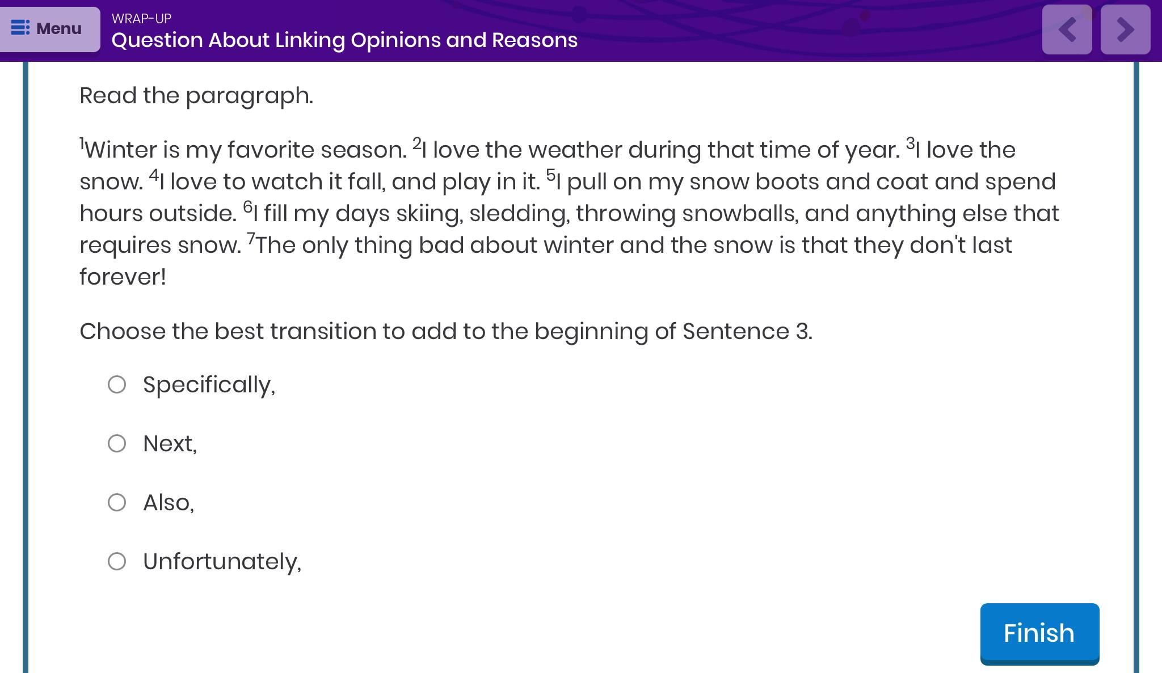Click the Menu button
click(49, 29)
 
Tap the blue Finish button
click(1039, 633)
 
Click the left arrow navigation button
click(1067, 29)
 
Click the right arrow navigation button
click(1125, 29)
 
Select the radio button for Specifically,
click(117, 384)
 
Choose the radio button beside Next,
click(117, 443)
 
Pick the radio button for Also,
click(117, 502)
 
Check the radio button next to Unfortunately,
click(117, 561)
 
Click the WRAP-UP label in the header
click(141, 19)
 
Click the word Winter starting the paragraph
click(121, 150)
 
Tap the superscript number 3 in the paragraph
click(911, 143)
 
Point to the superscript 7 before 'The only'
click(251, 239)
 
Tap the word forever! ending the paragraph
click(123, 277)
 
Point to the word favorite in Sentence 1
click(271, 150)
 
